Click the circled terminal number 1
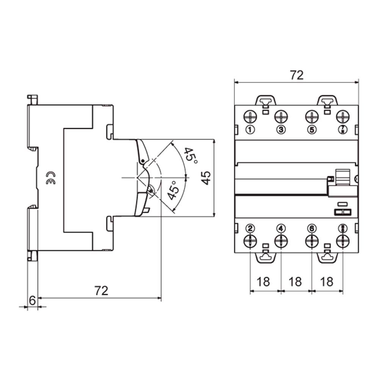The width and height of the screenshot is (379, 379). coord(250,130)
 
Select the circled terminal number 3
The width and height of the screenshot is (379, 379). coord(281,130)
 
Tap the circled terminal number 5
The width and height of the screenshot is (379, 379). coord(312,130)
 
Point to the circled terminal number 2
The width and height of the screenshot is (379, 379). coord(250,228)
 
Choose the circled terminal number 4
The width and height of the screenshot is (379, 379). coord(281,228)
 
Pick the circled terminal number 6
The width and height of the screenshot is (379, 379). coord(312,228)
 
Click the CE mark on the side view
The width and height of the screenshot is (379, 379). coord(50,178)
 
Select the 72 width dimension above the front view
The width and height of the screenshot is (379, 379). coord(297,75)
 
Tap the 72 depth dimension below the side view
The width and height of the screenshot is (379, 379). coord(101,291)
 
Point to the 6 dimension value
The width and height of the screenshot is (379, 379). coord(33,301)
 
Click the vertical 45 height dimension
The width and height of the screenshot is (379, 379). coord(206,177)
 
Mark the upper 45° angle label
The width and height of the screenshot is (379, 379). coord(191,156)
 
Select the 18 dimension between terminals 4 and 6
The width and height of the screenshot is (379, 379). coord(296,282)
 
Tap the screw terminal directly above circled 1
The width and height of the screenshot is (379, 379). coord(250,116)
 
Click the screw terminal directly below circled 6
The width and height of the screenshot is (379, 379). coord(312,241)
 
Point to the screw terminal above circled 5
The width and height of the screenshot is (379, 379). coord(312,116)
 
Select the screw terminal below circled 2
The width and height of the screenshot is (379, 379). coord(250,241)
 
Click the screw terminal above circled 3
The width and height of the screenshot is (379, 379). coord(281,116)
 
